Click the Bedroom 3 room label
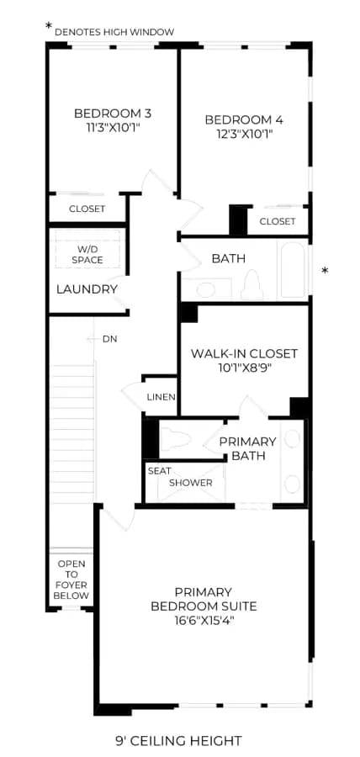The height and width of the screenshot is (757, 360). [x=113, y=114]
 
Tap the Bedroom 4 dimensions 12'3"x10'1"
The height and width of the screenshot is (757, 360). [x=244, y=134]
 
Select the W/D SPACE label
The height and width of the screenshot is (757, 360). [x=87, y=254]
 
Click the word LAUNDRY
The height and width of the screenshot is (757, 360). [x=87, y=289]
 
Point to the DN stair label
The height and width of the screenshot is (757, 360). [x=109, y=339]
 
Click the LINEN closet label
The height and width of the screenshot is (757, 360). [x=161, y=397]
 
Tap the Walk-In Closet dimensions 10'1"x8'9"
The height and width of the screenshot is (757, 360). [x=244, y=368]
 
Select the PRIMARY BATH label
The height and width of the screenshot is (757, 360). [x=247, y=448]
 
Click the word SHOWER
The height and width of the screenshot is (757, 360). [x=191, y=483]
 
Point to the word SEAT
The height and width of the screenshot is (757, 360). [x=159, y=471]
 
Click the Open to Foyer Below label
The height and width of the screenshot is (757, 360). [x=71, y=580]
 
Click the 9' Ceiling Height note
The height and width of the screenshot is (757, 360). [x=178, y=740]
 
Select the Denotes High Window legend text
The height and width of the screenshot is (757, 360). [x=114, y=32]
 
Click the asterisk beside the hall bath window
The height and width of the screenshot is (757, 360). [x=325, y=270]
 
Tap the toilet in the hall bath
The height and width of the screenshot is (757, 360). [x=252, y=285]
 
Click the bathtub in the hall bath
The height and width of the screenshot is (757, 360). [x=293, y=270]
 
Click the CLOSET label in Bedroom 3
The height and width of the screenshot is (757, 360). [x=87, y=209]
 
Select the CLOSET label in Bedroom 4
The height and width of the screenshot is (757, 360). [x=278, y=221]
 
